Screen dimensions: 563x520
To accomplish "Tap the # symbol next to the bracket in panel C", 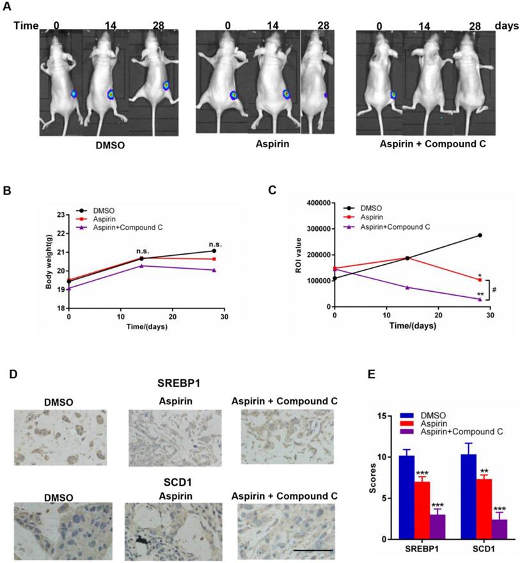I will (x=494, y=289).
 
